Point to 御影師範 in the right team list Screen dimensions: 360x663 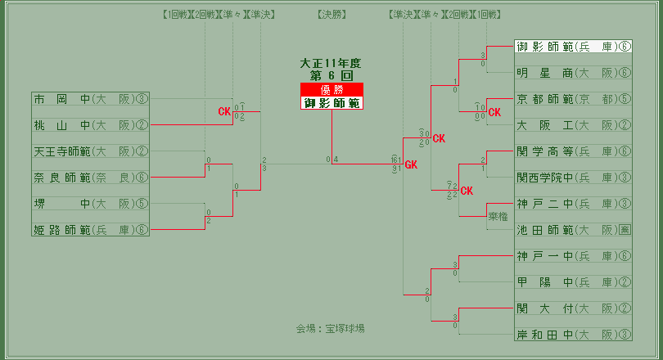[x=545, y=47]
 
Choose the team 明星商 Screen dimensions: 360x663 [x=545, y=73]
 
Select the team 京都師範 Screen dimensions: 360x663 [x=545, y=99]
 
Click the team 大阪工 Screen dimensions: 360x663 [x=545, y=125]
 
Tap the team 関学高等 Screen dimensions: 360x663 [x=545, y=151]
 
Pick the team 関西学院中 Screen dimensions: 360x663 [x=545, y=177]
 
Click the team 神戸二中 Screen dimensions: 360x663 [x=545, y=203]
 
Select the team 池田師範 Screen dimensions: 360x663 [x=545, y=230]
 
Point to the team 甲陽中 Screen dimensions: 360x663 [x=545, y=282]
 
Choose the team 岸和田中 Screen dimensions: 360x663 [x=545, y=334]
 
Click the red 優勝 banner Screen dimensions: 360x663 [x=331, y=90]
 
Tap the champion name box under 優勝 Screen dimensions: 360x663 [x=331, y=103]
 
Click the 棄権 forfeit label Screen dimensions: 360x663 [x=498, y=217]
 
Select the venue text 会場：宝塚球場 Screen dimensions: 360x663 [x=331, y=328]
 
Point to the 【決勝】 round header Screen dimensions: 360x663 [x=331, y=15]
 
